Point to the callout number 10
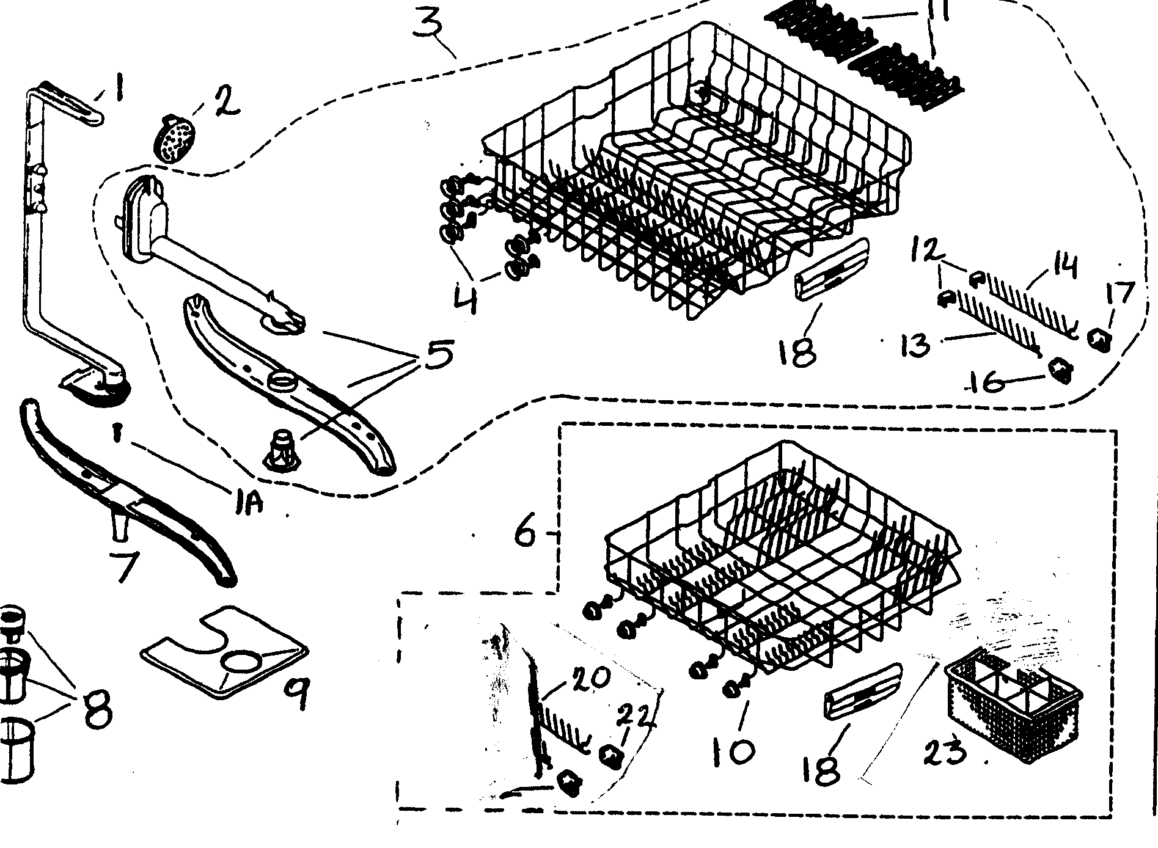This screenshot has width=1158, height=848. (733, 751)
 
